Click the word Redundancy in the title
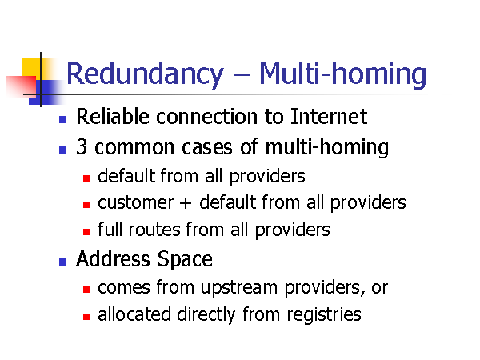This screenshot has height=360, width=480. coord(145,74)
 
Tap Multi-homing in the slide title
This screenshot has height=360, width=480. coord(343,74)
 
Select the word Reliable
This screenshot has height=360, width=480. coord(113,116)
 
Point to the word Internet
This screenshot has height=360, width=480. coord(329,116)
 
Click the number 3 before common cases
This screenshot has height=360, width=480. coord(82,147)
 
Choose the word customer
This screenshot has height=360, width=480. coord(136,203)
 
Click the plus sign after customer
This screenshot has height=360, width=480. coord(186,203)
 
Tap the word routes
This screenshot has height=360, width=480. coord(154,230)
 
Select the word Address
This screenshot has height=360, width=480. coord(113,259)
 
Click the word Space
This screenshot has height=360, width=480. coord(185,260)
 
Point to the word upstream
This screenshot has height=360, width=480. coord(238,288)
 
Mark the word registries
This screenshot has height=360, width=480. coord(324,315)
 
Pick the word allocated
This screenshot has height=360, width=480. coord(134,314)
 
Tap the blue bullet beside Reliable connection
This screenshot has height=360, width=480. coord(62,119)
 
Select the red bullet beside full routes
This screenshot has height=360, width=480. coord(86,232)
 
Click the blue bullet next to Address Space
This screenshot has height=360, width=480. coord(62,262)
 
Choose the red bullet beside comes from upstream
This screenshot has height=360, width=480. coord(86,290)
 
